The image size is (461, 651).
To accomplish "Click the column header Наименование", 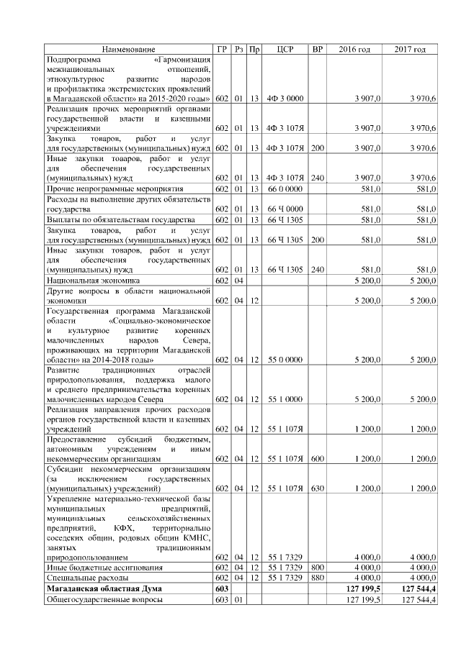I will coord(127,49).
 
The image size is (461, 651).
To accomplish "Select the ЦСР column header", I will coord(284,49).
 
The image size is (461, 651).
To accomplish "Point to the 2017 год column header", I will coord(410,49).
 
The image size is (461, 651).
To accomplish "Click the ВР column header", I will coord(316,49).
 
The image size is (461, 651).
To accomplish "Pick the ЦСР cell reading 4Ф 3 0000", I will coord(284,97).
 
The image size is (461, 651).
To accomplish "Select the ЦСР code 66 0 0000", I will coord(284,188).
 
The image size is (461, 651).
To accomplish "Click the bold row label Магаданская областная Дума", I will coord(104,588).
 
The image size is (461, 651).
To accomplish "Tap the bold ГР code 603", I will coord(221,588).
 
